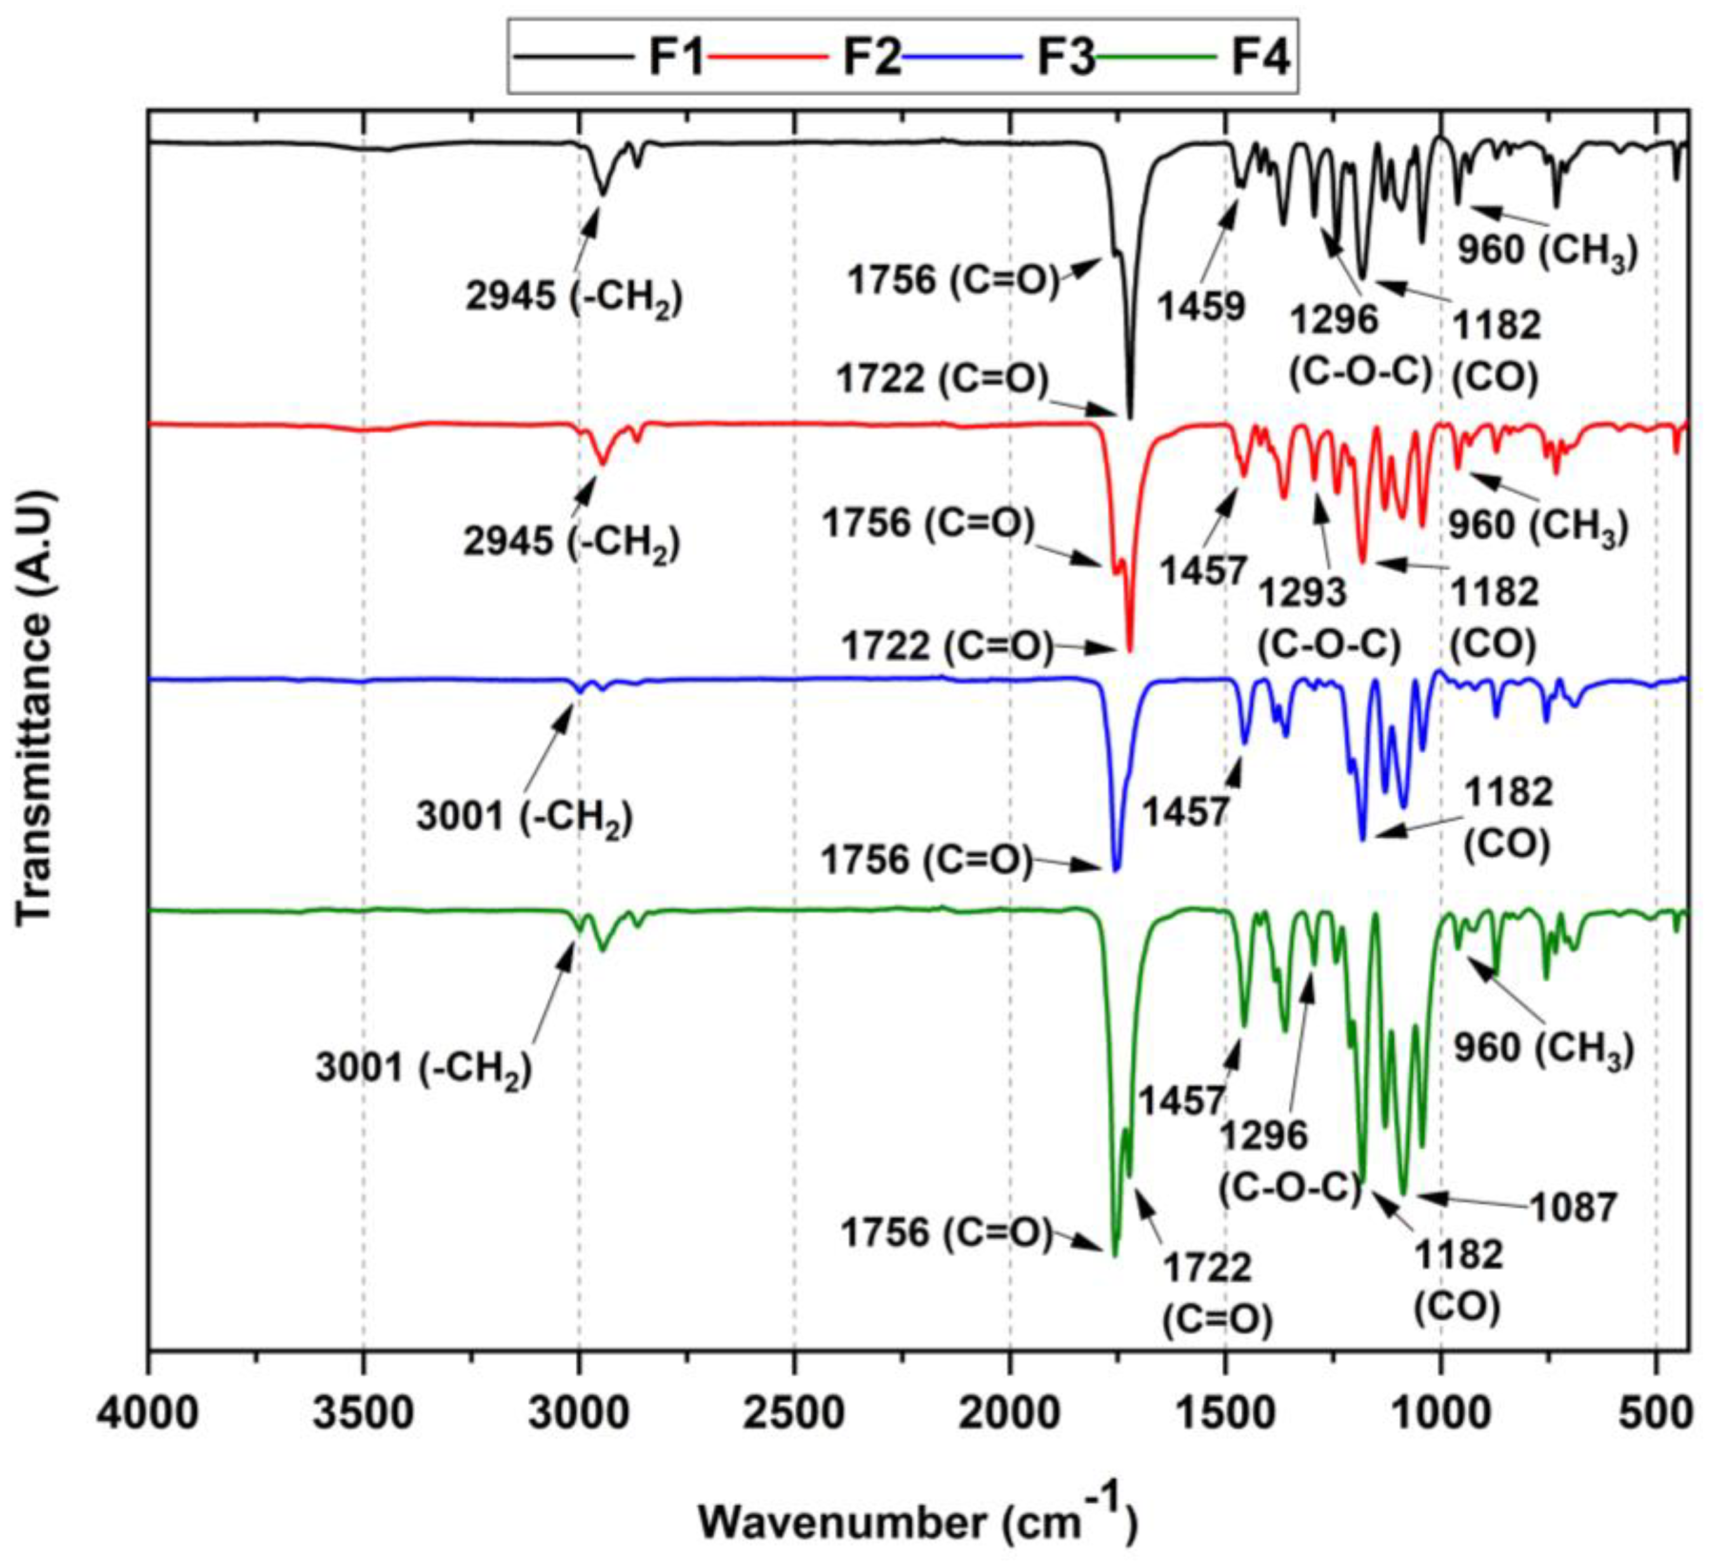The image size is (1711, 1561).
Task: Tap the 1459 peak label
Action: click(1202, 305)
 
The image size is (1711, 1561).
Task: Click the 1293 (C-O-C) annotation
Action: click(1328, 619)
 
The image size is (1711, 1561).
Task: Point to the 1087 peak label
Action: click(1573, 1207)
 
